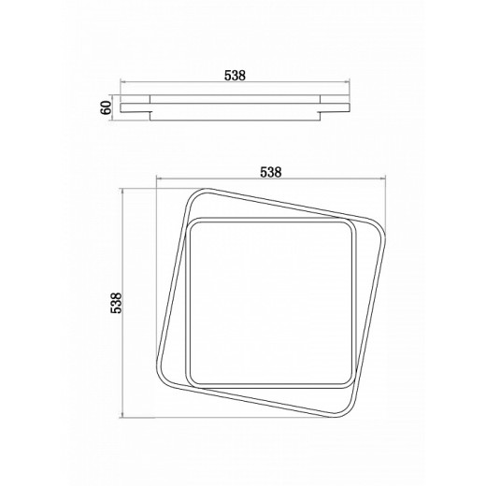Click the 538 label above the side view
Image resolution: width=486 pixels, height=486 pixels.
[x=235, y=76]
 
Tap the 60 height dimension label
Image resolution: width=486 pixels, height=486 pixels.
[x=107, y=107]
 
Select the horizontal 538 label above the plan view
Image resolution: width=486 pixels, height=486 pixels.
[x=271, y=172]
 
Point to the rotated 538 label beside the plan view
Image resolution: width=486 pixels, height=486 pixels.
[x=117, y=303]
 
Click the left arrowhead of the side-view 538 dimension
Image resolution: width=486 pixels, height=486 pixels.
[x=123, y=82]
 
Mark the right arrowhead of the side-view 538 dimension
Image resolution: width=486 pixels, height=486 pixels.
[x=347, y=82]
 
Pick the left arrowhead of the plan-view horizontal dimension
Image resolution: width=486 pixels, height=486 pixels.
[x=159, y=179]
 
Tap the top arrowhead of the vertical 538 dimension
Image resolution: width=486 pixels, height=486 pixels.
[x=122, y=192]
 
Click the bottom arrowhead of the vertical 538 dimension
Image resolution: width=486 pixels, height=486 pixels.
[x=122, y=415]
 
